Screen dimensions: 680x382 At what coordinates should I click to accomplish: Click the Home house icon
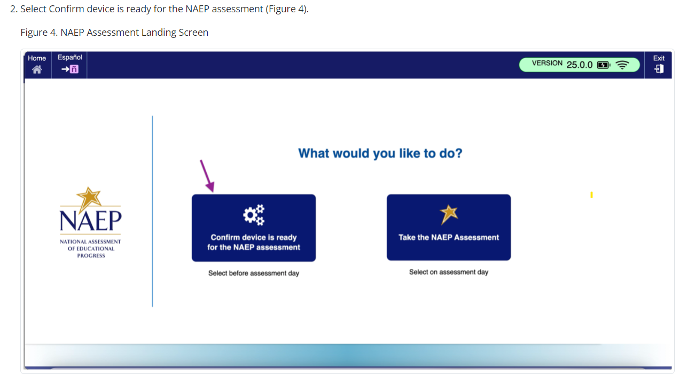pyautogui.click(x=37, y=69)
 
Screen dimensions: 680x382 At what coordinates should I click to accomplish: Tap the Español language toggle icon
pyautogui.click(x=70, y=69)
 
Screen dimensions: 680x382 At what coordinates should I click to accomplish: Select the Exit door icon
pyautogui.click(x=659, y=68)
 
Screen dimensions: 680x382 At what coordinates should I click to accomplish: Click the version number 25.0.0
pyautogui.click(x=579, y=65)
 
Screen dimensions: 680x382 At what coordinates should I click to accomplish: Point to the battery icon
pyautogui.click(x=604, y=65)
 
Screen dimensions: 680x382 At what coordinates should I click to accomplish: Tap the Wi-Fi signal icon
pyautogui.click(x=622, y=65)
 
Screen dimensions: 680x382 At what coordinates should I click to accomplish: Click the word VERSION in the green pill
pyautogui.click(x=547, y=63)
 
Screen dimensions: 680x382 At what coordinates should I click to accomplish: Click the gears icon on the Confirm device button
pyautogui.click(x=254, y=215)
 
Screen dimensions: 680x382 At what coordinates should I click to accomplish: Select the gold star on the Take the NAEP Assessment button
pyautogui.click(x=449, y=214)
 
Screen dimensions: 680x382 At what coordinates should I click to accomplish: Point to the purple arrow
pyautogui.click(x=207, y=176)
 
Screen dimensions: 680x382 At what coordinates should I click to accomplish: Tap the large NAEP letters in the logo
pyautogui.click(x=90, y=220)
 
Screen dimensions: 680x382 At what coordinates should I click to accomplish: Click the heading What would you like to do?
pyautogui.click(x=380, y=153)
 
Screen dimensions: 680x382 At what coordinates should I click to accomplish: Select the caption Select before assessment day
pyautogui.click(x=254, y=274)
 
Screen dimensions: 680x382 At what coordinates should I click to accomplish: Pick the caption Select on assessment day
pyautogui.click(x=449, y=272)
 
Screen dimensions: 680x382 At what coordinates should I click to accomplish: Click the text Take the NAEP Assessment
pyautogui.click(x=449, y=237)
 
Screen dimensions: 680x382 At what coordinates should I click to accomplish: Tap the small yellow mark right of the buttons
pyautogui.click(x=591, y=194)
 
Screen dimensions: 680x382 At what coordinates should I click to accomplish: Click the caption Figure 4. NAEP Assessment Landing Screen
pyautogui.click(x=114, y=32)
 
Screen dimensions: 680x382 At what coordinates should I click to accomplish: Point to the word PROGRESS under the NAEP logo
pyautogui.click(x=91, y=256)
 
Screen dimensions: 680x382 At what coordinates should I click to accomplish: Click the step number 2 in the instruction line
pyautogui.click(x=13, y=9)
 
